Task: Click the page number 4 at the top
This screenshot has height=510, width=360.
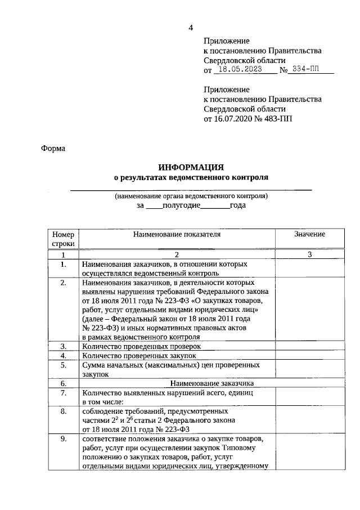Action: [191, 28]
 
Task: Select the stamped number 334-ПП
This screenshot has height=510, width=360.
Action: [310, 70]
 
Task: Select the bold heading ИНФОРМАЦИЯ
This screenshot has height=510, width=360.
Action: [191, 167]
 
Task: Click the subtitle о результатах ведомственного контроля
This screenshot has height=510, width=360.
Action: [191, 177]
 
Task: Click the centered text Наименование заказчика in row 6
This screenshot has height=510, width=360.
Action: [177, 383]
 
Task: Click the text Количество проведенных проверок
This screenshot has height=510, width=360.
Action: [141, 346]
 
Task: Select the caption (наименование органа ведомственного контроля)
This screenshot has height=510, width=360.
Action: [191, 196]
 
